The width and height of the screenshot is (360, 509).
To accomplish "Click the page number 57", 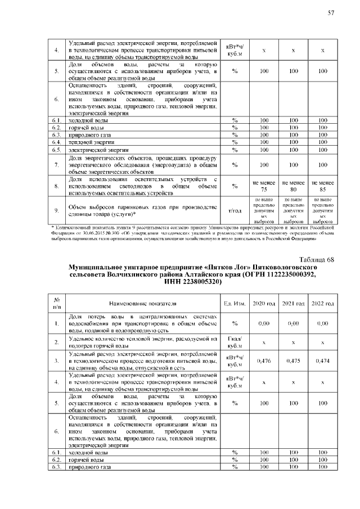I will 330,13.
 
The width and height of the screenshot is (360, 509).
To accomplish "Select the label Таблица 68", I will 316,259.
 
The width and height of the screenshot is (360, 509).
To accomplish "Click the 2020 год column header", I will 263,303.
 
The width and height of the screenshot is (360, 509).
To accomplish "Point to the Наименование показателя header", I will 143,303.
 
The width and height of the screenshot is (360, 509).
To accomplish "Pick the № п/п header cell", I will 56,303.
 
